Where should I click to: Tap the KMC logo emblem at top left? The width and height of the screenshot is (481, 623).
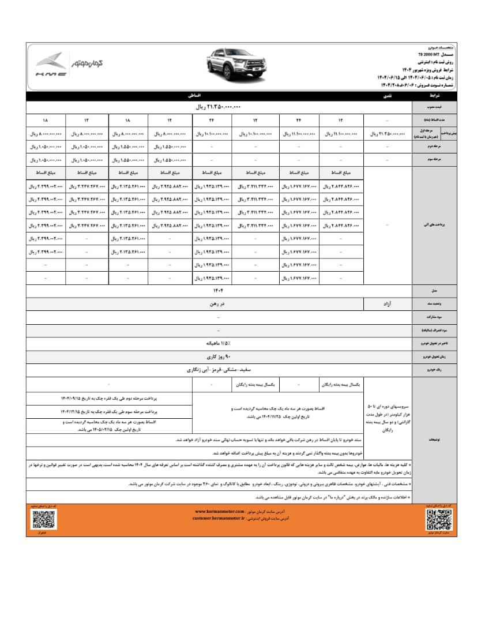[50, 66]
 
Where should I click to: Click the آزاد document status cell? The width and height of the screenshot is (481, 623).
[389, 301]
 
